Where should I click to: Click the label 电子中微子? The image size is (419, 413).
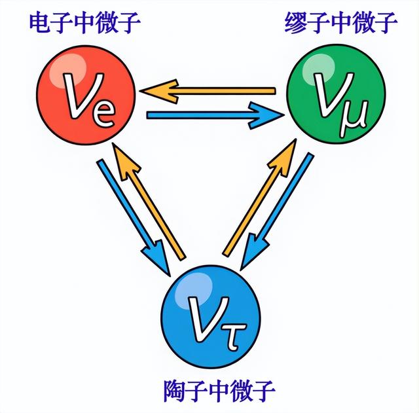84,24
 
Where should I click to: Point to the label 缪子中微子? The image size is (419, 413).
340,24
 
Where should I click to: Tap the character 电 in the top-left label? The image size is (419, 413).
39,24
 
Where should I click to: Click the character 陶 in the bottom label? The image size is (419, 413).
173,391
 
